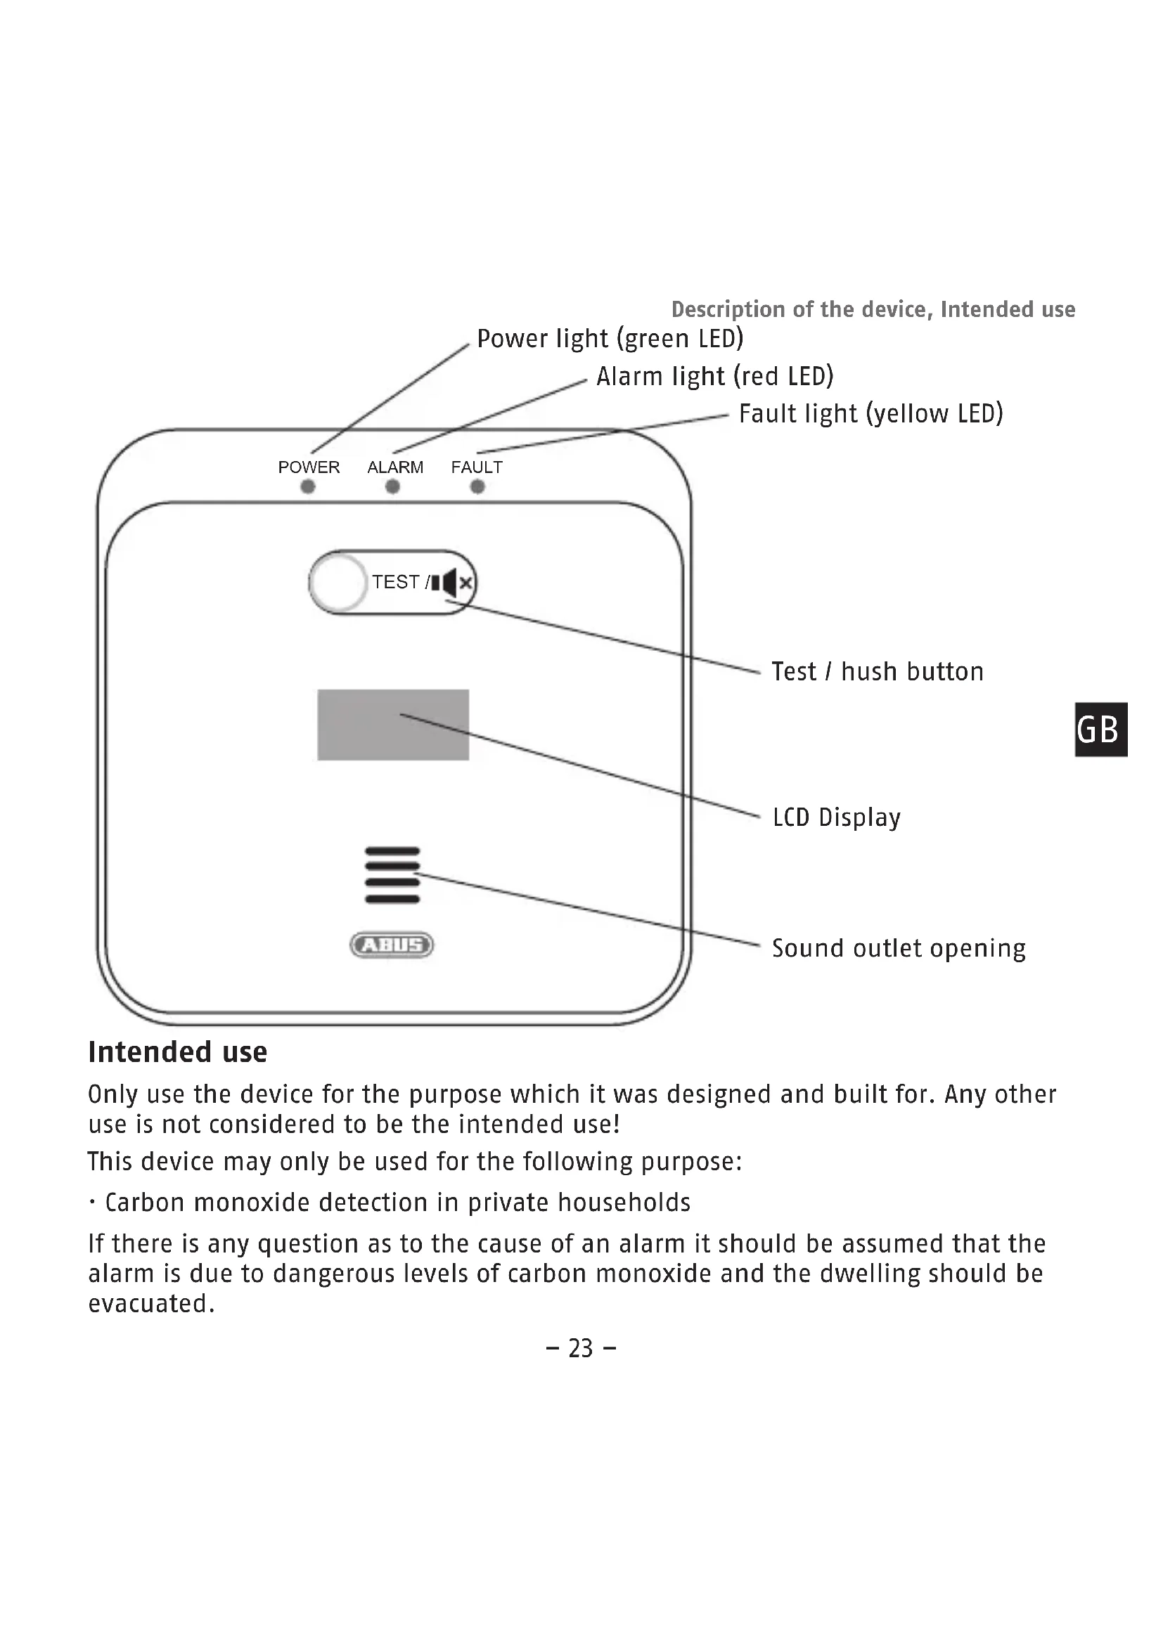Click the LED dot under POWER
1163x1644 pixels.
[308, 487]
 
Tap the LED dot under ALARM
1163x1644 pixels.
[392, 487]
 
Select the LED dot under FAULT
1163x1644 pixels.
[477, 487]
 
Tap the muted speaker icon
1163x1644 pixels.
[453, 583]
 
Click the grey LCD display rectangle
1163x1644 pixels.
[393, 725]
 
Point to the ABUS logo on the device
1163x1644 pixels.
[392, 945]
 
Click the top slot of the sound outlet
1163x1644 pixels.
[392, 850]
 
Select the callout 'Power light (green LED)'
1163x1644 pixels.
[610, 339]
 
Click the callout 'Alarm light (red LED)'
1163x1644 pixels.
[714, 376]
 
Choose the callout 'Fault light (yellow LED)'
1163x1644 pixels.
[870, 414]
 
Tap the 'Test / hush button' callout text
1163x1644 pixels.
[878, 672]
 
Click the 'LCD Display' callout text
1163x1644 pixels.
[837, 817]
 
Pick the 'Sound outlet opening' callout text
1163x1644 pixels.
[899, 948]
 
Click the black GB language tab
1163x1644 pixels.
[1101, 730]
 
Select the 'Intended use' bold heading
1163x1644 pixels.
[178, 1052]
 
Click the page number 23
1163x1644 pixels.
[581, 1348]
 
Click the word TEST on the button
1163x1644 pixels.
[395, 581]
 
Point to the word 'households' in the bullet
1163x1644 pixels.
[624, 1202]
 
